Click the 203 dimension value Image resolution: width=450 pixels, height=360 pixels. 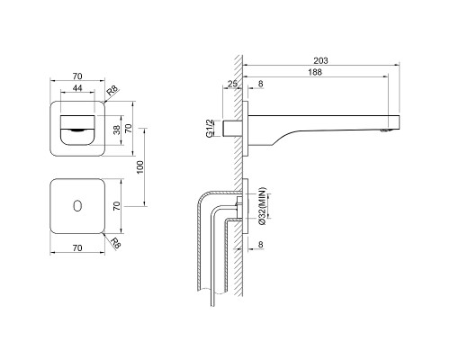[320, 60]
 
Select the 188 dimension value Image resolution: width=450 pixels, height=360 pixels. [315, 72]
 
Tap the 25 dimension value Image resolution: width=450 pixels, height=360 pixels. [232, 84]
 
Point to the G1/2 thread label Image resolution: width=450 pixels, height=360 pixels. [210, 128]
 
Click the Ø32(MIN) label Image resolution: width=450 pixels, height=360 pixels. [262, 206]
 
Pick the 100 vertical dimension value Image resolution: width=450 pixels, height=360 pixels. [140, 167]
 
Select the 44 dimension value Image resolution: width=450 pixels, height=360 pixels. [77, 88]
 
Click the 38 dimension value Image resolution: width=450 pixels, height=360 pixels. [117, 130]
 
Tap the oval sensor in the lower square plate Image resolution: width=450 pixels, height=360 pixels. [77, 206]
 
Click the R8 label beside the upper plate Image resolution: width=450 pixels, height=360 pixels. [113, 90]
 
